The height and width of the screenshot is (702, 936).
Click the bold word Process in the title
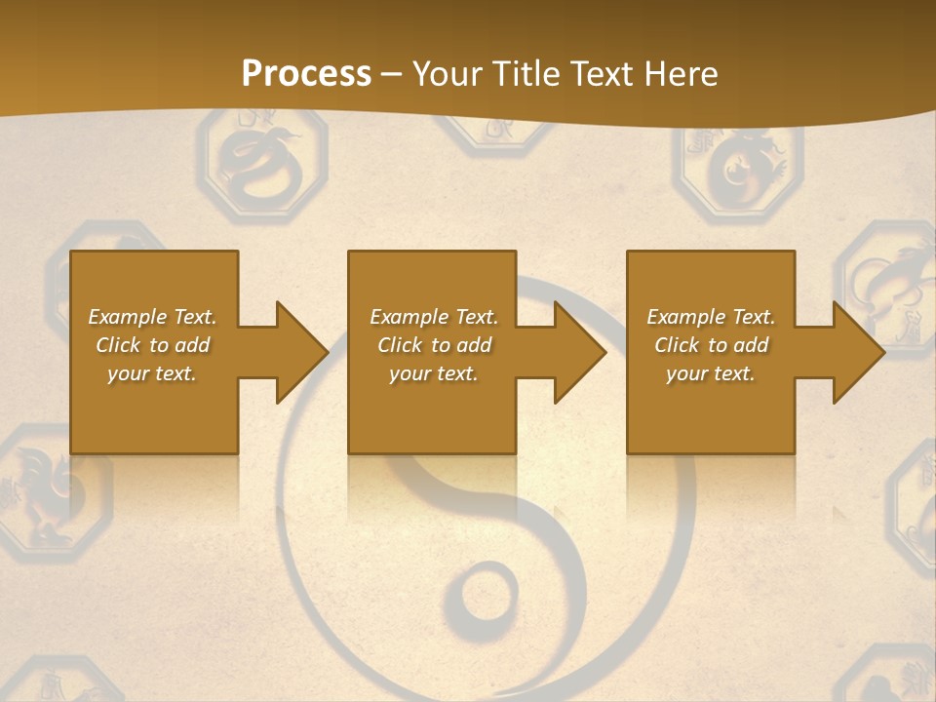click(x=306, y=74)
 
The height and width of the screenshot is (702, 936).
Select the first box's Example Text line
click(x=152, y=317)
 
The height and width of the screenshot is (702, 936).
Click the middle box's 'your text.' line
click(x=434, y=373)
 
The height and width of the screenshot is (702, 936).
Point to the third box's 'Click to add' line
click(x=711, y=345)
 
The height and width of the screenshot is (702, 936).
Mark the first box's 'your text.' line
click(x=152, y=373)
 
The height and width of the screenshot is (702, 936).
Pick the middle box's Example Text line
click(x=434, y=317)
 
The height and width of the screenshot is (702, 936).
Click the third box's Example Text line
click(x=711, y=317)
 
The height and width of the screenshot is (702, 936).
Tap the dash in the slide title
click(x=392, y=74)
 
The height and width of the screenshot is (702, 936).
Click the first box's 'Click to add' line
click(x=152, y=345)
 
